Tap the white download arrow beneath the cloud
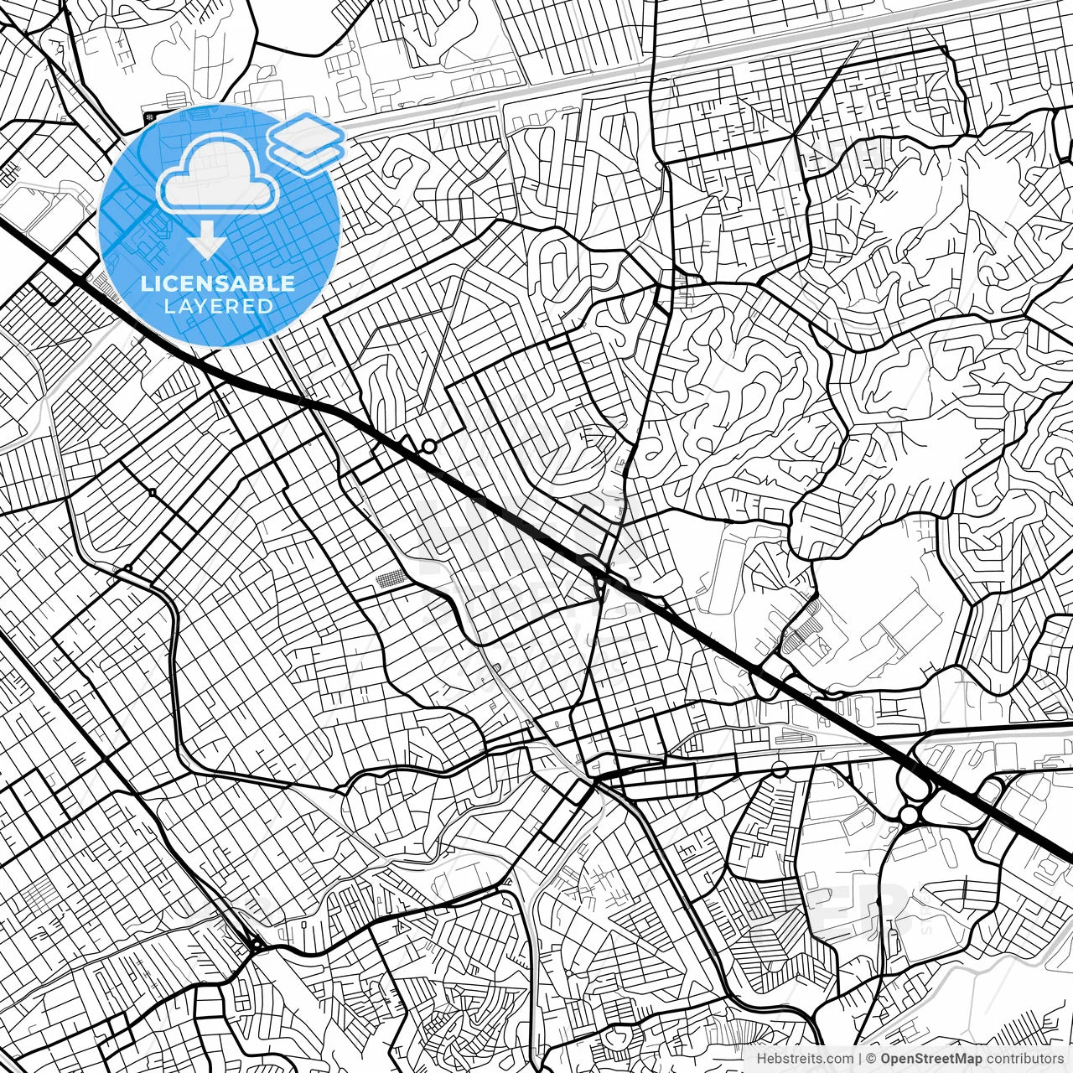pos(206,241)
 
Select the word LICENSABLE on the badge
pos(218,283)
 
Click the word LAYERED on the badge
pos(218,306)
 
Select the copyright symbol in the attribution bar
pos(872,1059)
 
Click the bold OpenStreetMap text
pos(930,1059)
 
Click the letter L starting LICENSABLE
pos(145,283)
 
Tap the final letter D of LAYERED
pos(267,306)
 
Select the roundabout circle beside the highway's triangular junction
pos(429,447)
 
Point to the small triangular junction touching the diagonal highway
pos(410,442)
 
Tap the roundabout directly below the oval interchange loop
pos(909,815)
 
